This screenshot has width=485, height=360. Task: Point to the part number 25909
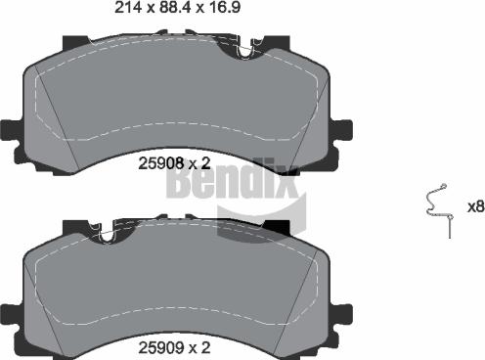[158, 347]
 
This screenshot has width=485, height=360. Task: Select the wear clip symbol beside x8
[436, 207]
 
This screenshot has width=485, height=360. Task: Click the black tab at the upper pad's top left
[74, 42]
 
